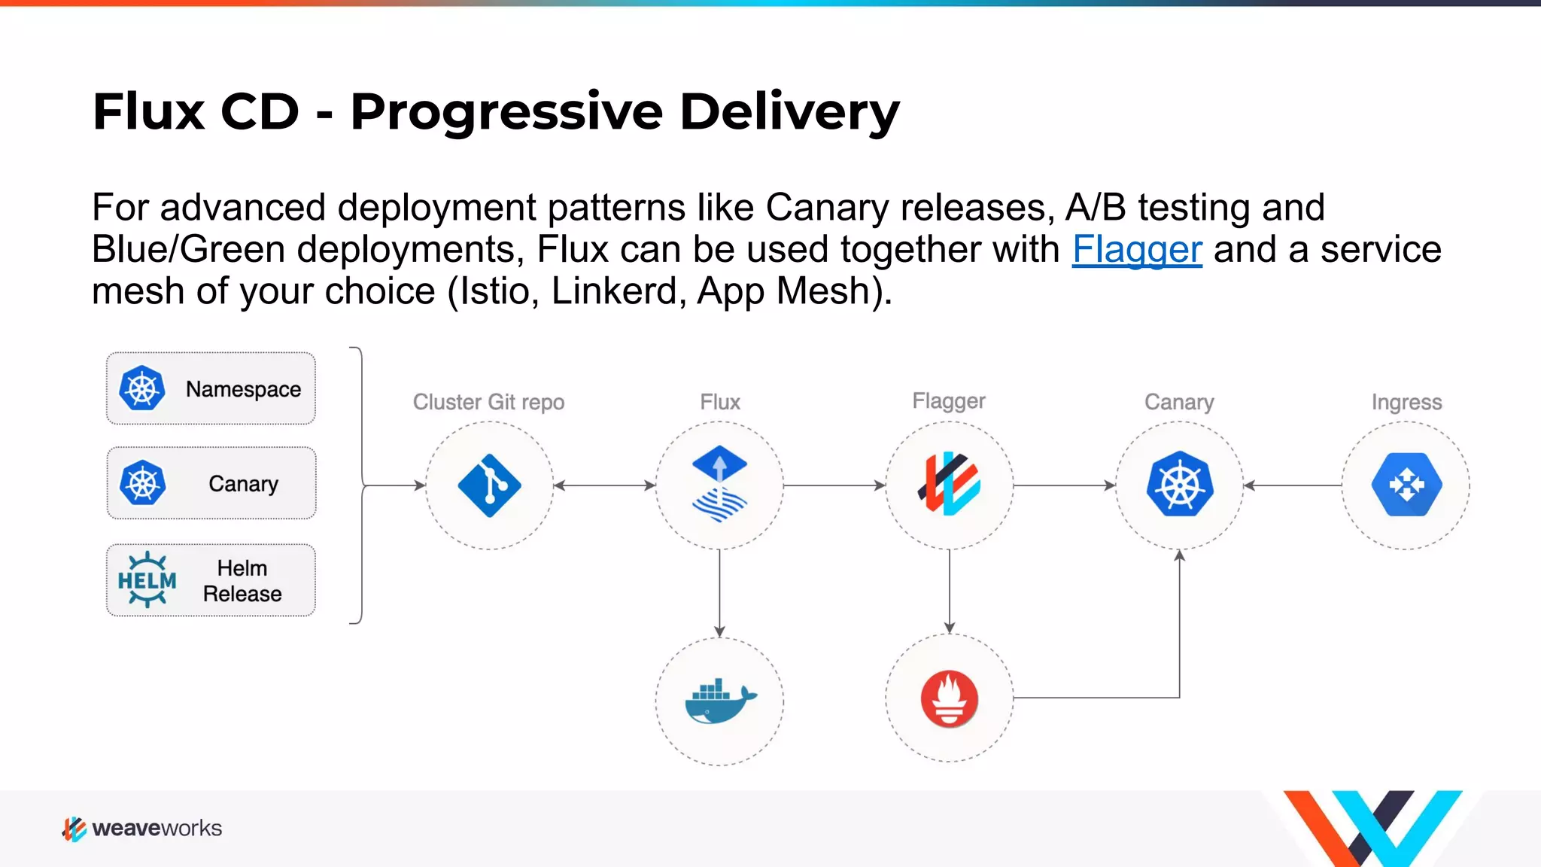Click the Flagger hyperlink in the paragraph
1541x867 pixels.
point(1137,249)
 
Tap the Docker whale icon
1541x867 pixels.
point(719,701)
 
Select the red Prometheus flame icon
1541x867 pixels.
point(950,699)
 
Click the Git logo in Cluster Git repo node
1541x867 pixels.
point(489,485)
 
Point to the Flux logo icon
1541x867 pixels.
point(719,484)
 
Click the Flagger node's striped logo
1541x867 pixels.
point(949,484)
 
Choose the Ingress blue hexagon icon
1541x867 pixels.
point(1406,485)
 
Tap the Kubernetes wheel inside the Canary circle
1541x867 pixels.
point(1180,485)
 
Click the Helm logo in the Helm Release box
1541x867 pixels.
point(147,580)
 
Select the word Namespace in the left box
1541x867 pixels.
point(243,389)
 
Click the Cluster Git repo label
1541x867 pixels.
point(488,402)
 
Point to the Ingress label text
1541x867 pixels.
point(1406,402)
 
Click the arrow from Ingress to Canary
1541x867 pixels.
point(1292,485)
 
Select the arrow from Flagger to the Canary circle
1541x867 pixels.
point(1063,485)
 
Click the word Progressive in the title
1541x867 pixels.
point(506,111)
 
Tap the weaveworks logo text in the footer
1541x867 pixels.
point(157,828)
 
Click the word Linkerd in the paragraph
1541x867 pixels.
point(617,291)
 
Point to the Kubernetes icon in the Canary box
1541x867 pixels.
point(142,483)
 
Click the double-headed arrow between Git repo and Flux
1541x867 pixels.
point(604,485)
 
